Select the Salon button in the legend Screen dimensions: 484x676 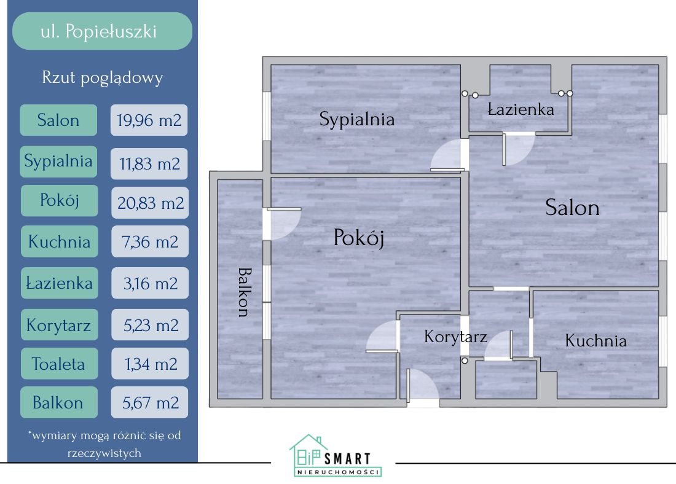pos(58,120)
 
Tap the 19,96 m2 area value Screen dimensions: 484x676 pos(149,120)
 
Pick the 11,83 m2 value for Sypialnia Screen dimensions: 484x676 pos(149,163)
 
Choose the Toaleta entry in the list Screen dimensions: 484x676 pos(58,364)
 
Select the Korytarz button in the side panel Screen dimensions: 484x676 pos(58,324)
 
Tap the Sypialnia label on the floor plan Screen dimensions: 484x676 pos(356,119)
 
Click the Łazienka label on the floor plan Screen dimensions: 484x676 pos(521,109)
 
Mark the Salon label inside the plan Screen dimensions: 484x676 pos(572,208)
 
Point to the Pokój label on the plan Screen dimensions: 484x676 pos(358,237)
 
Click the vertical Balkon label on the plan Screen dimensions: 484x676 pos(243,292)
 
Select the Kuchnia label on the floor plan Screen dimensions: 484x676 pos(595,340)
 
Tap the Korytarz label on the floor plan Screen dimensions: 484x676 pos(455,337)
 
